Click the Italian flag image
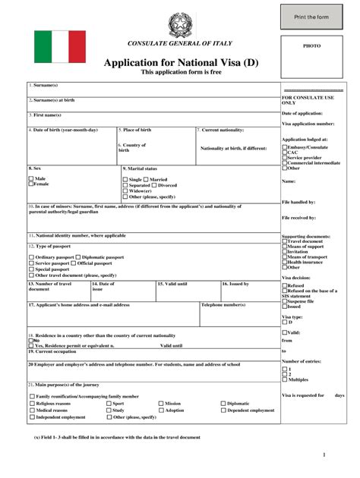(x=60, y=46)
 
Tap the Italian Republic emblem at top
(x=181, y=24)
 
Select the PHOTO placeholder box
(x=312, y=46)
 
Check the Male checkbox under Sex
(x=31, y=178)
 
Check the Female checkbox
(x=31, y=184)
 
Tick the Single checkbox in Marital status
(x=125, y=180)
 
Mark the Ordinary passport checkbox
(x=31, y=258)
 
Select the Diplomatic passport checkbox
(x=77, y=258)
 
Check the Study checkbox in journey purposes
(x=109, y=410)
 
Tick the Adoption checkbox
(x=161, y=410)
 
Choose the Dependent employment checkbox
(x=223, y=410)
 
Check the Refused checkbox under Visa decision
(x=285, y=286)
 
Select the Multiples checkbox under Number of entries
(x=285, y=379)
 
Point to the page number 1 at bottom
(x=324, y=454)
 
